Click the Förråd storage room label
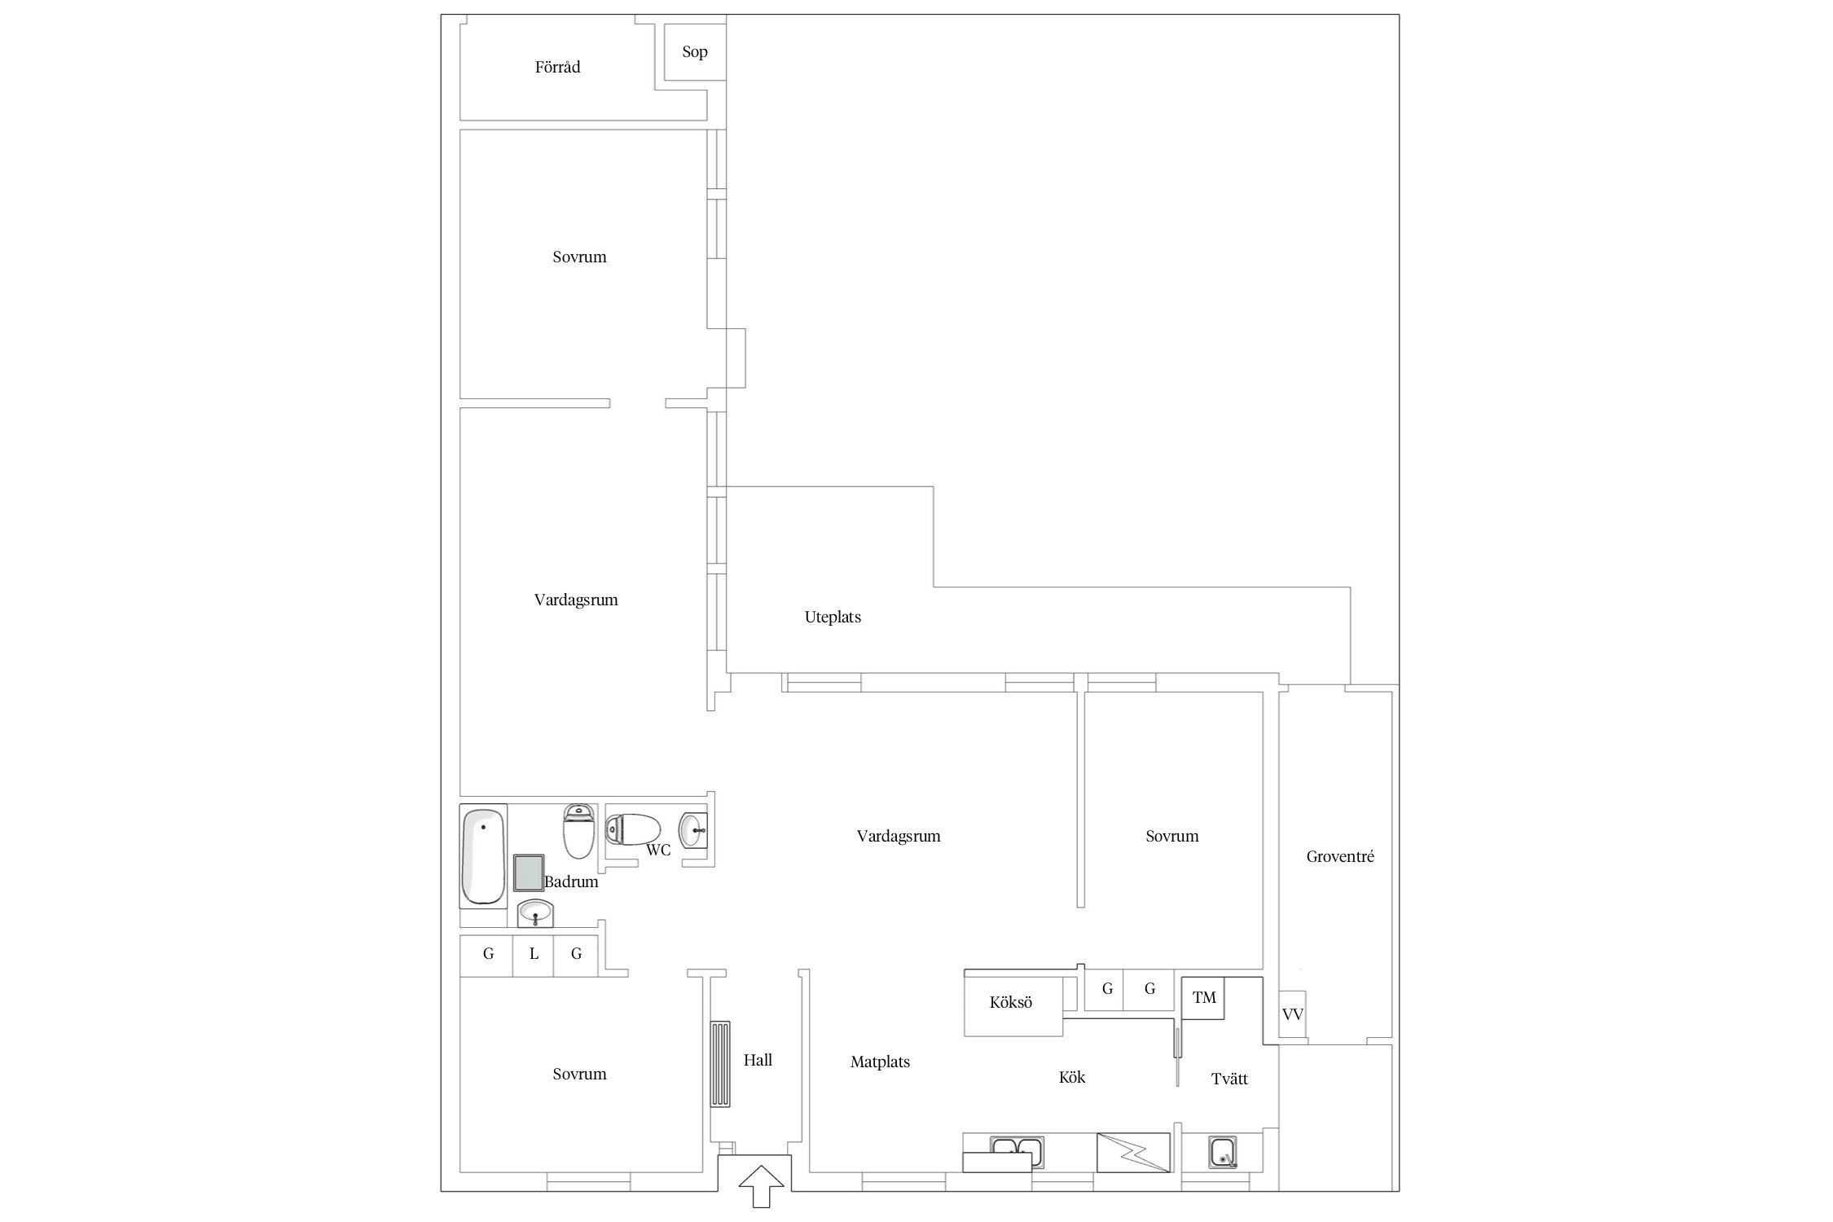pos(557,68)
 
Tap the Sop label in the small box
pos(695,52)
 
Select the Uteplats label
pos(833,618)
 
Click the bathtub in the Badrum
pos(483,856)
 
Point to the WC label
pos(658,851)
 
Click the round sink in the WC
pos(693,831)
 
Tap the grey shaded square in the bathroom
pos(529,873)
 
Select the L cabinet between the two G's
pos(534,955)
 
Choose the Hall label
pos(758,1061)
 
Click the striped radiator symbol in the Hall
pos(720,1064)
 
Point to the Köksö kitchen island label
pos(1011,1003)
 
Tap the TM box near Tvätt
pos(1204,998)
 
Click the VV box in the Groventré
pos(1293,1015)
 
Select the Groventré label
pos(1340,857)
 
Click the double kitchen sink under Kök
pos(1018,1152)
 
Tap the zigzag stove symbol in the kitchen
pos(1134,1153)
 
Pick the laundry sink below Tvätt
pos(1222,1153)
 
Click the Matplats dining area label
pos(880,1062)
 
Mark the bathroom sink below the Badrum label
pos(536,913)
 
